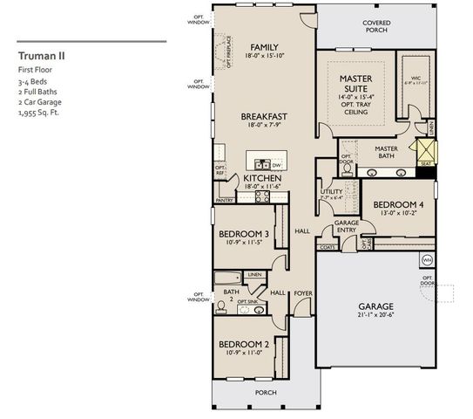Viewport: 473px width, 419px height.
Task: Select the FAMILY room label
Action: click(x=263, y=47)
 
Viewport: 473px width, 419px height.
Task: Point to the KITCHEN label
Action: click(x=263, y=178)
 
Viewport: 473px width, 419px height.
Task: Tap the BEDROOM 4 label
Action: click(x=398, y=205)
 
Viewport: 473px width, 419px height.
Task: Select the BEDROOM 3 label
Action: click(x=243, y=234)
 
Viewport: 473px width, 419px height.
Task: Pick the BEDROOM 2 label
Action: click(x=243, y=343)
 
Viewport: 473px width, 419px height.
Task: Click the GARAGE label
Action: click(x=376, y=306)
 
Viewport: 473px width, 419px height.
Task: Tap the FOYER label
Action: click(x=302, y=293)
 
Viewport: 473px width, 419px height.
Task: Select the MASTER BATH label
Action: click(x=386, y=152)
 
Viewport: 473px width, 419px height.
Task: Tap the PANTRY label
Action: click(x=224, y=200)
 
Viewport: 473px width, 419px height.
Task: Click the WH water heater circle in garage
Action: click(x=427, y=260)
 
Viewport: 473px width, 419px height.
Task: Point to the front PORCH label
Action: click(x=265, y=392)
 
